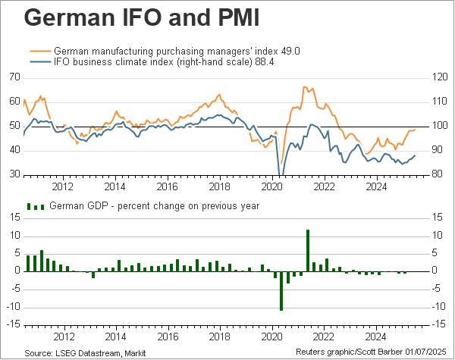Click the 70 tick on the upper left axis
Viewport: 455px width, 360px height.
click(x=14, y=77)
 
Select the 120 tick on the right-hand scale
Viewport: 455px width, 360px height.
click(x=441, y=77)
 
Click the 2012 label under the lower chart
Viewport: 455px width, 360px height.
click(x=62, y=335)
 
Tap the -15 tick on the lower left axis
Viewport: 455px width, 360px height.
click(x=13, y=324)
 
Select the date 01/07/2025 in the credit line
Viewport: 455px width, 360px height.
click(x=428, y=353)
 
